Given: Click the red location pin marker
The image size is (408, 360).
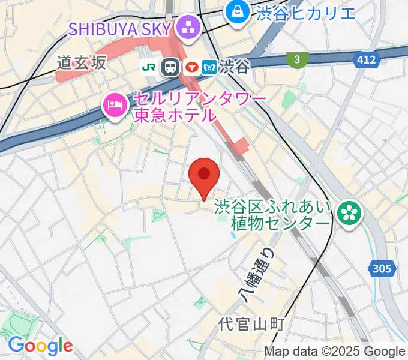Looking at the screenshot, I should point(204,175).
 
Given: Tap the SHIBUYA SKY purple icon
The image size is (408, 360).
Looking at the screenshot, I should point(188,28).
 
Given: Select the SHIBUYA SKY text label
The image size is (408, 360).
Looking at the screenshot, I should point(119,28).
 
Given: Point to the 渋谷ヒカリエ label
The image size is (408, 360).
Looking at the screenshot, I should point(305,11).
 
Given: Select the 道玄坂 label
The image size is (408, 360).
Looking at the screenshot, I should point(82,62).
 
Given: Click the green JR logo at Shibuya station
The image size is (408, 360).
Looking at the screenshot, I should point(149,67).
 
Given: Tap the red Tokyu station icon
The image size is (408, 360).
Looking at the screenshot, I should point(191,67).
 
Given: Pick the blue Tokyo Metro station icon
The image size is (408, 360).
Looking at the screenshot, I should point(209,67).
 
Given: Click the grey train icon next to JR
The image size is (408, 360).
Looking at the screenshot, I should point(171,67).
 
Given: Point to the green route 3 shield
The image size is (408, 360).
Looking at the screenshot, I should point(296,59).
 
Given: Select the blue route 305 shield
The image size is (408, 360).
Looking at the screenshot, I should point(382,269).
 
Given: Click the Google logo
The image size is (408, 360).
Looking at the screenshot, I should point(40,346).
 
